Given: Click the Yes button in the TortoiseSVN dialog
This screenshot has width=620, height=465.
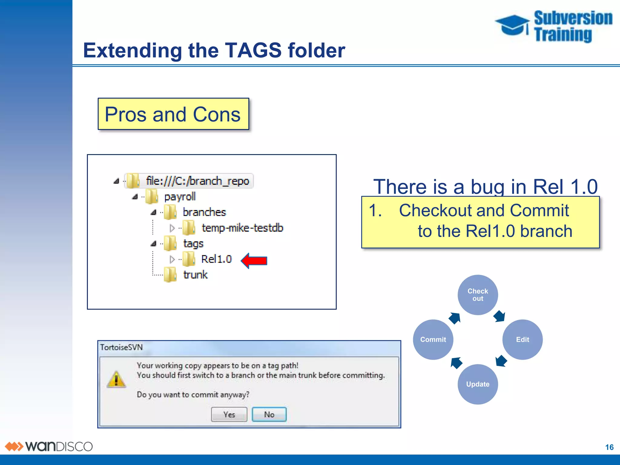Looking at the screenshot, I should pyautogui.click(x=229, y=414).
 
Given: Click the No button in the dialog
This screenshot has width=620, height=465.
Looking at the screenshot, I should pyautogui.click(x=269, y=414).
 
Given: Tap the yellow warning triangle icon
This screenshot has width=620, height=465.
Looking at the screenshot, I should pyautogui.click(x=116, y=379).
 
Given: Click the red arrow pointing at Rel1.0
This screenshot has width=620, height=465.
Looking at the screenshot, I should pyautogui.click(x=254, y=261).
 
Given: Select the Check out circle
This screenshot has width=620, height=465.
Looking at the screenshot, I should pyautogui.click(x=478, y=295).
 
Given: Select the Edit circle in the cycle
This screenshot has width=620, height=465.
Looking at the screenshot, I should pyautogui.click(x=523, y=340).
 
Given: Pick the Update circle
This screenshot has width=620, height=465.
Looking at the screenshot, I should pyautogui.click(x=478, y=384).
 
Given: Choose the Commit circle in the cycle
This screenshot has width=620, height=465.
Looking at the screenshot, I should pyautogui.click(x=433, y=340).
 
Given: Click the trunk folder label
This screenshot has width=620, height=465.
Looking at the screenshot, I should pyautogui.click(x=196, y=275).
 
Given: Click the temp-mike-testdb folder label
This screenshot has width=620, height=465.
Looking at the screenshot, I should pyautogui.click(x=242, y=228).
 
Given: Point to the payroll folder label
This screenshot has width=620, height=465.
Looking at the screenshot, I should pyautogui.click(x=180, y=197).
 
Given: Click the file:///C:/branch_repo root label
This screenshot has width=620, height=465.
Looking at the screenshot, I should pyautogui.click(x=197, y=181).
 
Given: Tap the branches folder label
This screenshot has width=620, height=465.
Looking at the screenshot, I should pyautogui.click(x=204, y=212).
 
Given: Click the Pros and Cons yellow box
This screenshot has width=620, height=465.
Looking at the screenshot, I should pyautogui.click(x=173, y=114).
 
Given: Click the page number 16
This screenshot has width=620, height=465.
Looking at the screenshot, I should pyautogui.click(x=609, y=447).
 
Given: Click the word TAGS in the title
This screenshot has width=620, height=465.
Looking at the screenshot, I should pyautogui.click(x=253, y=50).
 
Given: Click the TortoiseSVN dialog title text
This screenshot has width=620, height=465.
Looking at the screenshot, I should pyautogui.click(x=121, y=347).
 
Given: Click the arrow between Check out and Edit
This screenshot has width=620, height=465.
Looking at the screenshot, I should pyautogui.click(x=499, y=316).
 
